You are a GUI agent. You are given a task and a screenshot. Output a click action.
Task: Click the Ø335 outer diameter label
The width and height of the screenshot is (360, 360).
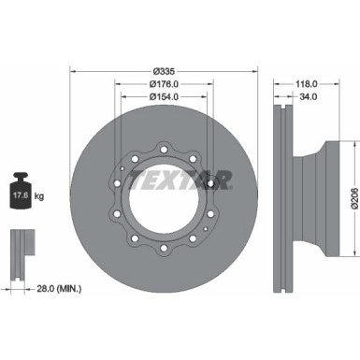165,72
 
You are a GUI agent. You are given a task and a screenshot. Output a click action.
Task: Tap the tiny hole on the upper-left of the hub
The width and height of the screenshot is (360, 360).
123,169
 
